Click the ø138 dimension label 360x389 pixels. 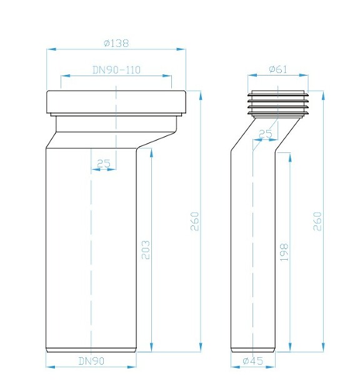click(116, 43)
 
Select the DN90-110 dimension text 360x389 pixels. click(116, 70)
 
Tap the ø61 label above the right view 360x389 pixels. click(278, 69)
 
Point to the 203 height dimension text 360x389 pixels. click(146, 250)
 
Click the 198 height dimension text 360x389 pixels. click(284, 252)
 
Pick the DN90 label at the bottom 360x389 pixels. click(91, 361)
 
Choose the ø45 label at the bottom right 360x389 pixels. click(252, 361)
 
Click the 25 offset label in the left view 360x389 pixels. click(104, 164)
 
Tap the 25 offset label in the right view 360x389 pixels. click(266, 134)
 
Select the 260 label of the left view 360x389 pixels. click(195, 221)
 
